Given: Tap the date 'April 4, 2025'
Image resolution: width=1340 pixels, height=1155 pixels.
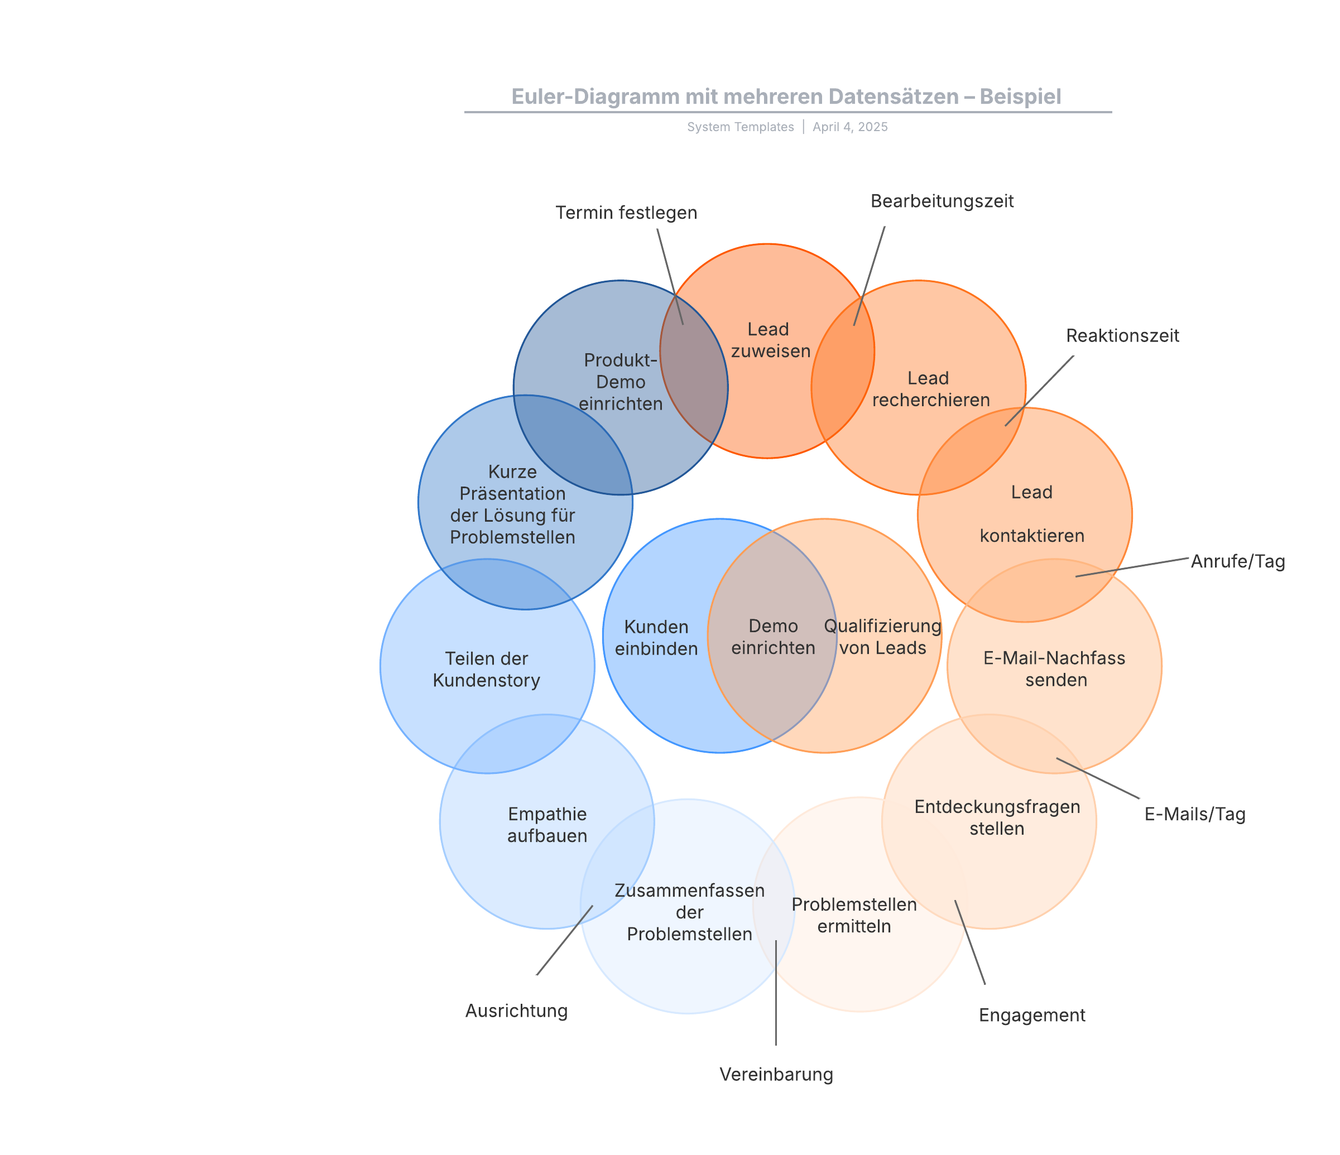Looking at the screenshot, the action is point(850,127).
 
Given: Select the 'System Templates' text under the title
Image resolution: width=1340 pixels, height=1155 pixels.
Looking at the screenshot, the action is point(740,127).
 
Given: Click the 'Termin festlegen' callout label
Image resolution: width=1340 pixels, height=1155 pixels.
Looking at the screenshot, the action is point(626,213).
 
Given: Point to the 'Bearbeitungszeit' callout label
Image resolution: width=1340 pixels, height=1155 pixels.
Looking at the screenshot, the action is point(942,201).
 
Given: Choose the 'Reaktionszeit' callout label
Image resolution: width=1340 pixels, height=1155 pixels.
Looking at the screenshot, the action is point(1122,336).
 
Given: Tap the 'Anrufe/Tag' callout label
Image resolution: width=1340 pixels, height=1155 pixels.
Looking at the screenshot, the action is point(1237,561).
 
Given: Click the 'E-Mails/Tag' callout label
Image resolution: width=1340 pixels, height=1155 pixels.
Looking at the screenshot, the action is point(1194,814).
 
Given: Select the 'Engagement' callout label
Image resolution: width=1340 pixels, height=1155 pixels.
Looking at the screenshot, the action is point(1031,1016).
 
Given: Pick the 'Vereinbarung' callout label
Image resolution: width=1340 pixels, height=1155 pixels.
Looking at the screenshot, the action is point(776,1074).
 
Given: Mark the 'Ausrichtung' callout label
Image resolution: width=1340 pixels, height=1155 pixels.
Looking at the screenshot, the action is point(516,1011).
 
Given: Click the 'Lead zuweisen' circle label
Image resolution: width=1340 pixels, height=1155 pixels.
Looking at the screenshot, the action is point(770,340).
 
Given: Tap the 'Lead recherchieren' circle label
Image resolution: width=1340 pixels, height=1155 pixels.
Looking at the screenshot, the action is point(930,389).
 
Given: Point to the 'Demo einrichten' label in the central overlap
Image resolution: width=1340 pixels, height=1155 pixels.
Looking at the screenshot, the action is point(773,637).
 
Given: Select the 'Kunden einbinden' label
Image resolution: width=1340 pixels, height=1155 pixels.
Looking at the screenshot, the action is point(656,638).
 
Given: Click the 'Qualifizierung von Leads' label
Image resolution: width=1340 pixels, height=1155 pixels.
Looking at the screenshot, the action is point(882,637).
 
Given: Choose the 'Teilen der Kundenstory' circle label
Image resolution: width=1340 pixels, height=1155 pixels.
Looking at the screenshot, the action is point(486,670).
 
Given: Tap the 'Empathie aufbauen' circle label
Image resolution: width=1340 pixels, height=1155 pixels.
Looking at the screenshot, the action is point(547,825).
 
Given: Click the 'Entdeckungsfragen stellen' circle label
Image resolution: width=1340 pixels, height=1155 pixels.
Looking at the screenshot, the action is point(997,817).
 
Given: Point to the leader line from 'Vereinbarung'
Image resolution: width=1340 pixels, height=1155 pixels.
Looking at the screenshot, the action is point(776,993).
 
